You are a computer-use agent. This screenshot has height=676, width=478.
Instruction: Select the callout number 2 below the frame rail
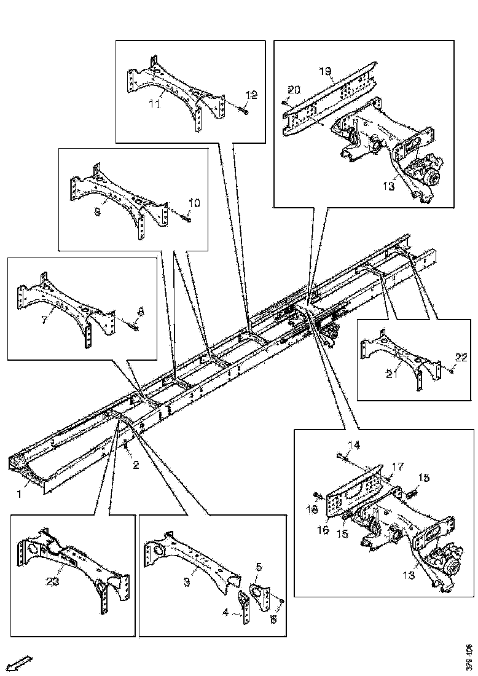[x=136, y=465]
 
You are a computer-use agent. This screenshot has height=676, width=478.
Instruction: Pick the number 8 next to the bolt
[x=141, y=312]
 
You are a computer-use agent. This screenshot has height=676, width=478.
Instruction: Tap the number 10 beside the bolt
[x=194, y=202]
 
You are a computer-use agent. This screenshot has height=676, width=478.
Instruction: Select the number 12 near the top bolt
[x=251, y=95]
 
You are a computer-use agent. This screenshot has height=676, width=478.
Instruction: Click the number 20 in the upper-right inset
[x=295, y=90]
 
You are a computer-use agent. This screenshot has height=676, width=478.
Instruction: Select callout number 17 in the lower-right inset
[x=398, y=467]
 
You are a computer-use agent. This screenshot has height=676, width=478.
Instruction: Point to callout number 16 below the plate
[x=323, y=530]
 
